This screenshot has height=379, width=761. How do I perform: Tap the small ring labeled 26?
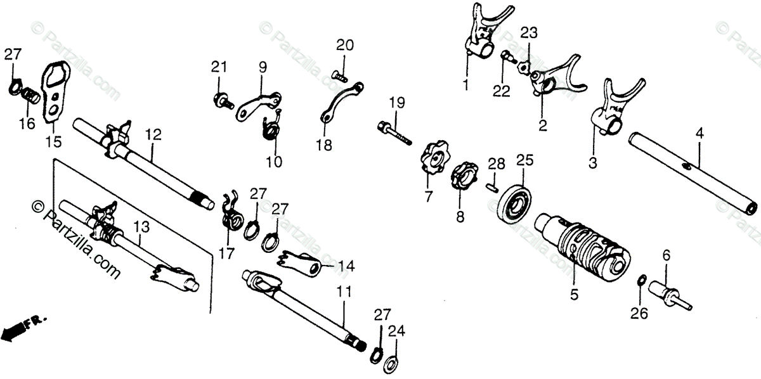641,280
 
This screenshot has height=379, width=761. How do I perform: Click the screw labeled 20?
340,75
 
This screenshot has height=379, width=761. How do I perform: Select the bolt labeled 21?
223,99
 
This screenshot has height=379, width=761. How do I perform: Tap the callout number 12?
153,135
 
